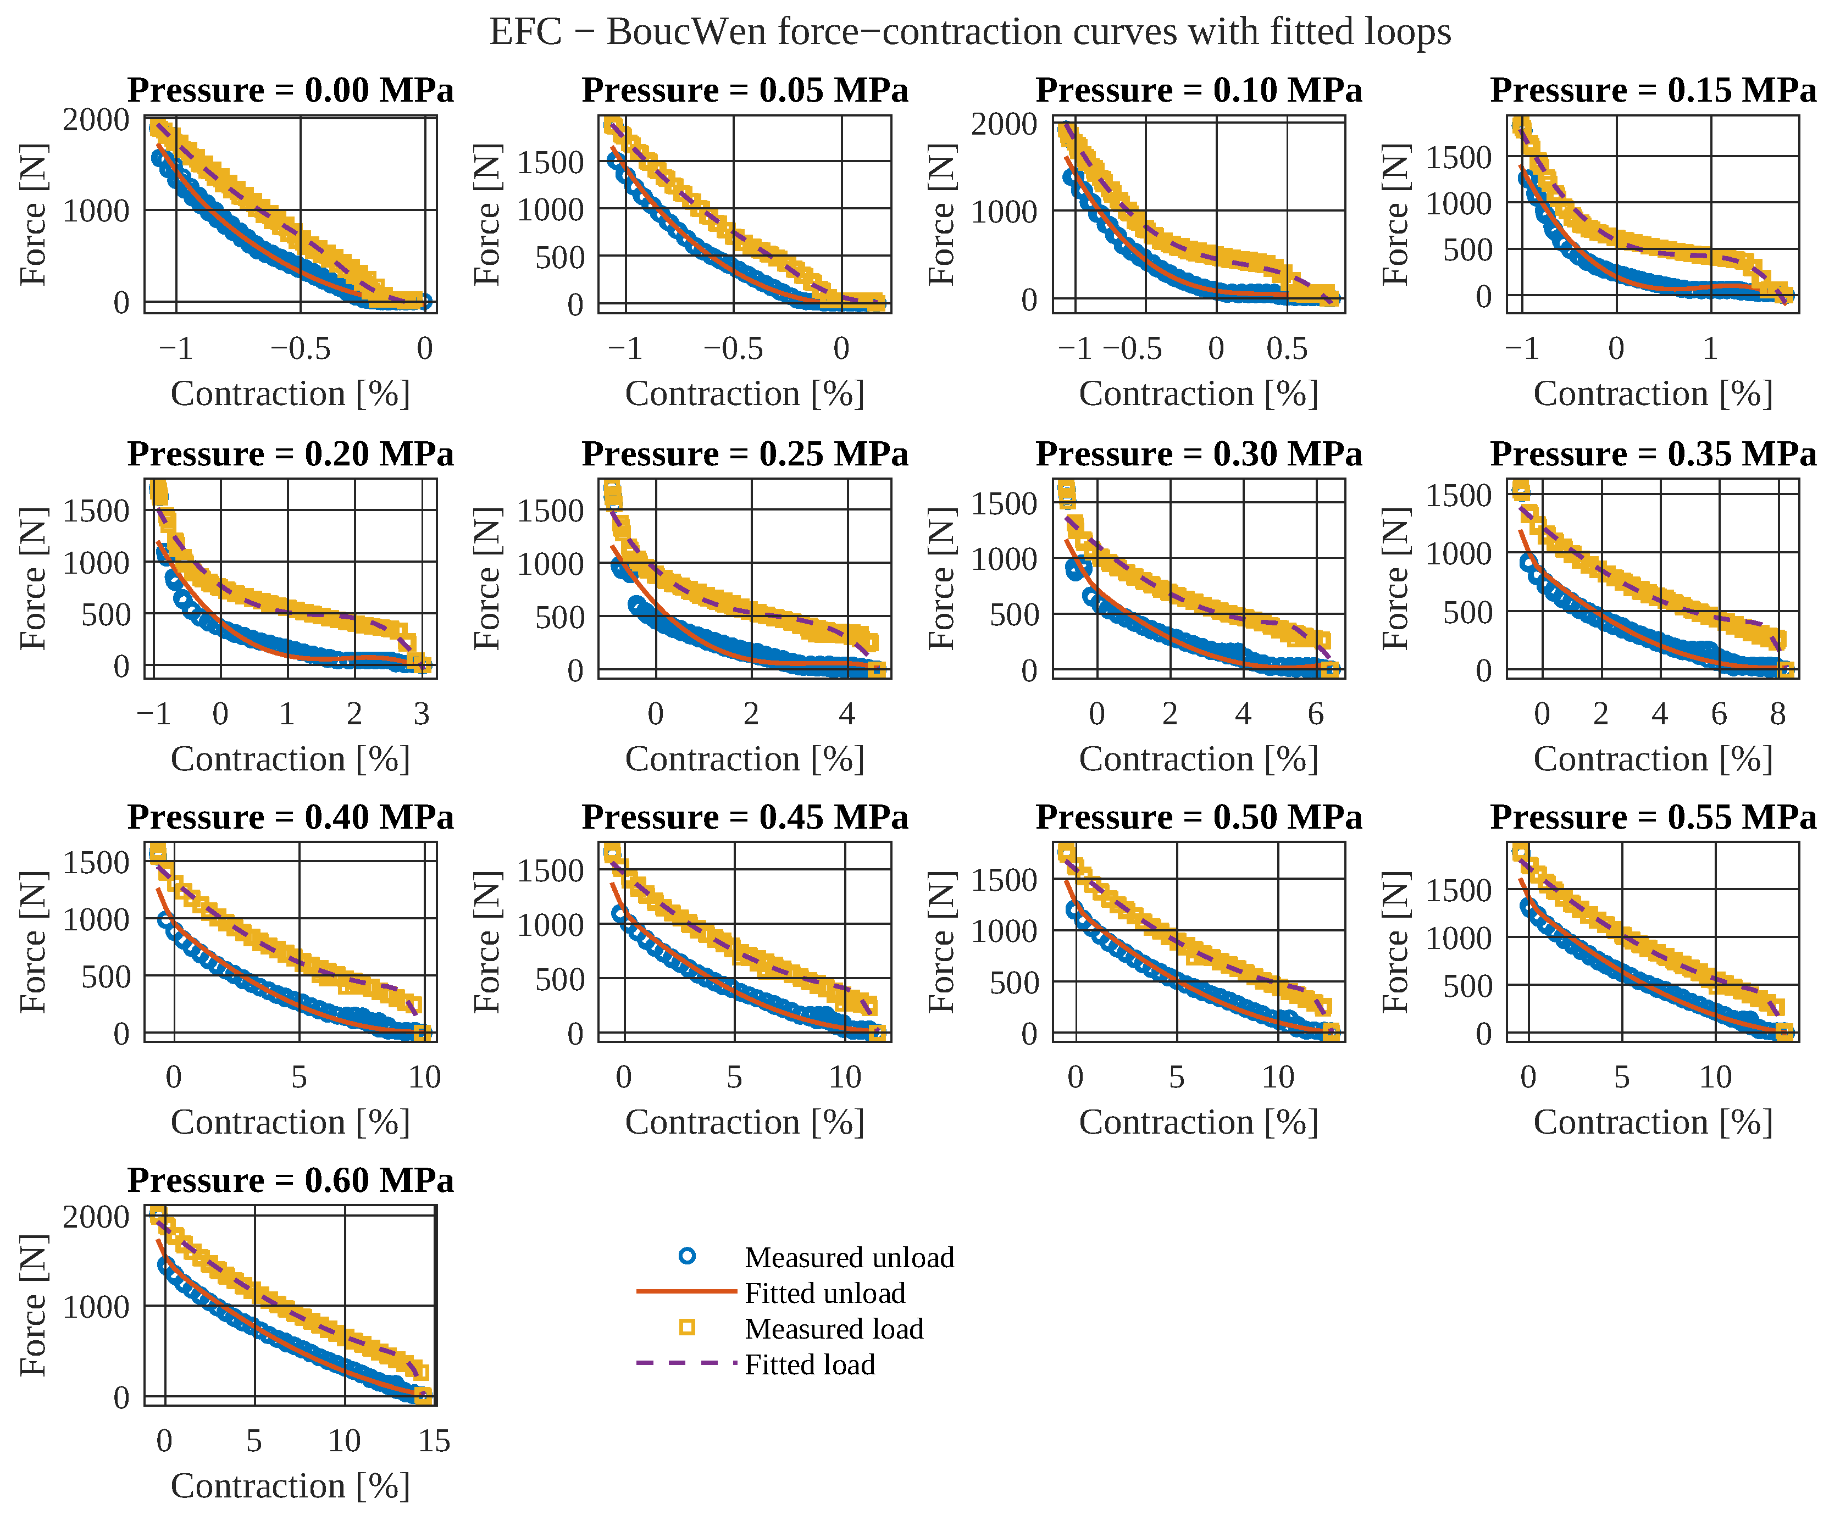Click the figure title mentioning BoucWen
pos(969,32)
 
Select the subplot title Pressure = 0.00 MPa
pos(291,91)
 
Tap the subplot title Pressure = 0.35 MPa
pos(1653,454)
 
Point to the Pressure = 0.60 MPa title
pos(291,1181)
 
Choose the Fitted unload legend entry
pos(772,1293)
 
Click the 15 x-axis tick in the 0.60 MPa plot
pos(434,1441)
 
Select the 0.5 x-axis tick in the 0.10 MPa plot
pos(1287,349)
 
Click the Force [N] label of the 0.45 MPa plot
pos(487,942)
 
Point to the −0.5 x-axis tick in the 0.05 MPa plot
pos(733,349)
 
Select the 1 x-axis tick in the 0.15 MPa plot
pos(1710,349)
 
